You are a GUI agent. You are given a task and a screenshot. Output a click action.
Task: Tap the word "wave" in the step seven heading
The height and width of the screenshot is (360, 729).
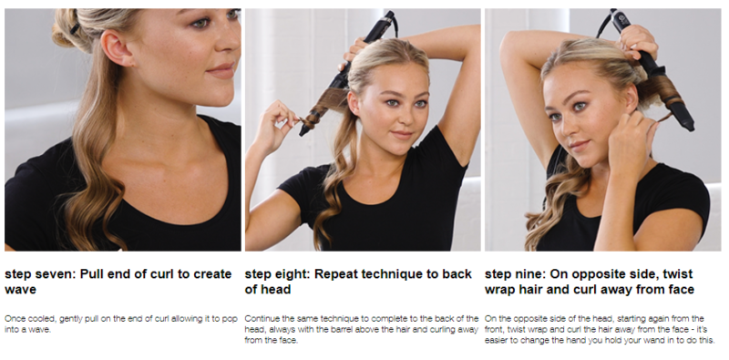pyautogui.click(x=20, y=289)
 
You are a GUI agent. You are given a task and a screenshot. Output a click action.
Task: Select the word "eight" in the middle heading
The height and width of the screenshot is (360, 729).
pyautogui.click(x=292, y=274)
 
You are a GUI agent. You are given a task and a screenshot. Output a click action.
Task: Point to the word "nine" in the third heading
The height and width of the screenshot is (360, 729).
pyautogui.click(x=529, y=274)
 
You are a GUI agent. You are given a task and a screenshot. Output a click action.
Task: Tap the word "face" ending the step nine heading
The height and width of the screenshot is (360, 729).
pyautogui.click(x=681, y=289)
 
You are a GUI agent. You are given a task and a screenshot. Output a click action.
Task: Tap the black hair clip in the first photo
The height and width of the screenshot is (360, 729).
pyautogui.click(x=75, y=28)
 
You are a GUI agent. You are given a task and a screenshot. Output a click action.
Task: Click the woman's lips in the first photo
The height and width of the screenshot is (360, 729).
pyautogui.click(x=221, y=70)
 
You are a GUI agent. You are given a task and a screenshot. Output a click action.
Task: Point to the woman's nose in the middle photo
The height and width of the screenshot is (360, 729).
pyautogui.click(x=405, y=116)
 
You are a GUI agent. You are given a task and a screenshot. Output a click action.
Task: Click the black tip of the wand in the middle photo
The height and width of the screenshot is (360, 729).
pyautogui.click(x=305, y=129)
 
